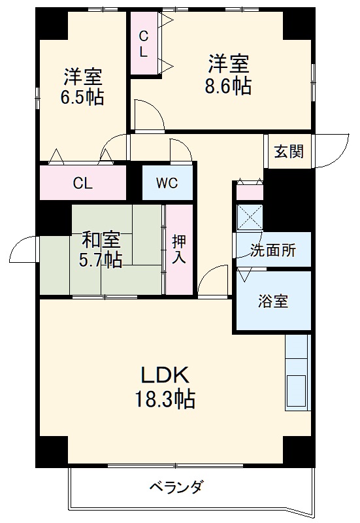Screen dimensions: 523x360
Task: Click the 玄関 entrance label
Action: (x=287, y=152)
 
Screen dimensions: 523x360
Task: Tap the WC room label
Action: (x=167, y=183)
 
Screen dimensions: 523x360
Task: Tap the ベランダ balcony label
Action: (x=176, y=487)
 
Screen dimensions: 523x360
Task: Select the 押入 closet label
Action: (x=178, y=248)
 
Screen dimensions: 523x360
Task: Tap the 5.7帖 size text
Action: (x=101, y=260)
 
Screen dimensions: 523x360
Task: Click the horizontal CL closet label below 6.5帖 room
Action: (x=83, y=183)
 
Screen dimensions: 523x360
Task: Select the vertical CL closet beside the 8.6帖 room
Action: (x=143, y=42)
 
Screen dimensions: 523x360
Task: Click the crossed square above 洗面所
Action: (x=249, y=217)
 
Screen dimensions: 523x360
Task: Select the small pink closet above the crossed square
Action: (x=250, y=192)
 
